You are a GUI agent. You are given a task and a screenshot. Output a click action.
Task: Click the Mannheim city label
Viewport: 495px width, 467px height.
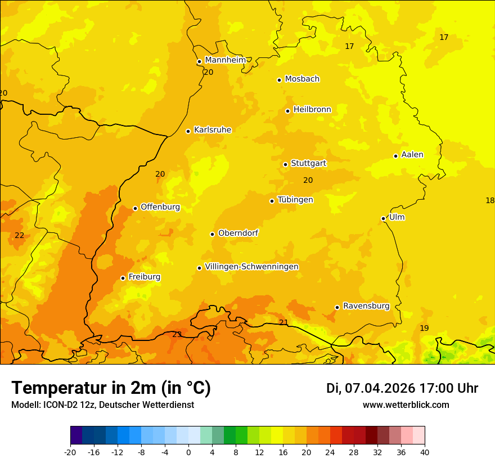[225, 60]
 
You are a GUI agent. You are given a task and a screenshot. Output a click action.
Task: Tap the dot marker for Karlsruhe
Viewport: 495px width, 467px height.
[188, 131]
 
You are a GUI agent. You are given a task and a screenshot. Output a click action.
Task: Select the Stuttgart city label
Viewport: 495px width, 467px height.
[308, 164]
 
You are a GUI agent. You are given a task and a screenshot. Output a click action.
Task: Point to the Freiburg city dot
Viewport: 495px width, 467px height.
[123, 278]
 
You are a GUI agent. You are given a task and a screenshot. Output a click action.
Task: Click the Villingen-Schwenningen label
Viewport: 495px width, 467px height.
[251, 267]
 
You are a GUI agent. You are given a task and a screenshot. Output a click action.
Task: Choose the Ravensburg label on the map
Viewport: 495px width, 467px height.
[366, 306]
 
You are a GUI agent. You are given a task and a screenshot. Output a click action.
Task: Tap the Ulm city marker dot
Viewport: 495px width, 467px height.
[384, 218]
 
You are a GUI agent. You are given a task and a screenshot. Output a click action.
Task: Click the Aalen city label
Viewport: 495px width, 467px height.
[412, 155]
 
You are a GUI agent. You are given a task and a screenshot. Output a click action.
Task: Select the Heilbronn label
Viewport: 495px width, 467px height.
[312, 110]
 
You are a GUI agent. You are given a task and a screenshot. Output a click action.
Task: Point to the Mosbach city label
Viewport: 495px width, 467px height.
[302, 79]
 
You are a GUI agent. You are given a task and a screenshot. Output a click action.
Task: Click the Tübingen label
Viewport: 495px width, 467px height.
[295, 200]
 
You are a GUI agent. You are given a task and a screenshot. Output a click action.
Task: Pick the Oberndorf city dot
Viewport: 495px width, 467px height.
[213, 234]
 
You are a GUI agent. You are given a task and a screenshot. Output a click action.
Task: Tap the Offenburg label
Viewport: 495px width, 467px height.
[160, 207]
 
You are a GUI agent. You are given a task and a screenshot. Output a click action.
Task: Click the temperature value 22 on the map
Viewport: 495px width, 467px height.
[20, 235]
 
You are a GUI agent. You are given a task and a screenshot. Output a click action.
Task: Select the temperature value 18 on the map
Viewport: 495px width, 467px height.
[489, 200]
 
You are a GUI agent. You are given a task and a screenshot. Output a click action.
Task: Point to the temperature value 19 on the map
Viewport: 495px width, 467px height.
[424, 328]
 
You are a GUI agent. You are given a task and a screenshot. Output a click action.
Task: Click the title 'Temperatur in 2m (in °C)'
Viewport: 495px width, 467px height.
[111, 388]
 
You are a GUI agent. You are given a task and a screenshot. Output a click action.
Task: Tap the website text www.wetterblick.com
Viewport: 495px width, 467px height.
[406, 405]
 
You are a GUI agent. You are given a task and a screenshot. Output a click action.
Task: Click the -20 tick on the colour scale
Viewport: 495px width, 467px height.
[70, 452]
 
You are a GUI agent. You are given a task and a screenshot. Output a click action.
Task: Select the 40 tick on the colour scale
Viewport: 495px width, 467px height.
[425, 452]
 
